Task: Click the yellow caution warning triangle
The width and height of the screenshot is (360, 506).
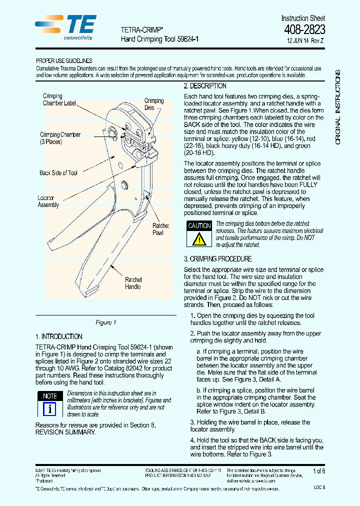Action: [199, 239]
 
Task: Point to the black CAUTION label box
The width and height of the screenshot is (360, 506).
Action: [199, 226]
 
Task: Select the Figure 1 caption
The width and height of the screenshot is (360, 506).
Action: [105, 322]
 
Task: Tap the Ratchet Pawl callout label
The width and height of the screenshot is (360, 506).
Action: [161, 229]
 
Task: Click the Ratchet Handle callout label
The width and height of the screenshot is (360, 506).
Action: [133, 283]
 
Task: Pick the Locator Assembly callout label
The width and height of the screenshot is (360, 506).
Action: [48, 201]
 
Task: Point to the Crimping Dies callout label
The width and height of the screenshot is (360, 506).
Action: [153, 104]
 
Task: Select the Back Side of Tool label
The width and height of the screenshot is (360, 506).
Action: [58, 173]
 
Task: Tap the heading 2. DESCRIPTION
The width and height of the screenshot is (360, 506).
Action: [205, 86]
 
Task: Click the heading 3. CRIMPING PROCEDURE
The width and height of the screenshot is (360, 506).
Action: [217, 259]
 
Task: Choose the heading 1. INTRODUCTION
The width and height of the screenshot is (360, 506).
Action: [59, 336]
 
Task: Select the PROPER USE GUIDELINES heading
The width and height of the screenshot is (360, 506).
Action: [64, 61]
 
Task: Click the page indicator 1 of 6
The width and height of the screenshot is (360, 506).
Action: [318, 471]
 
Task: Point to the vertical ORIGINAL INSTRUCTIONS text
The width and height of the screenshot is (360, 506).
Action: [338, 107]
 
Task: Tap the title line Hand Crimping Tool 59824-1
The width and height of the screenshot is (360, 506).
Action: [160, 38]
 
